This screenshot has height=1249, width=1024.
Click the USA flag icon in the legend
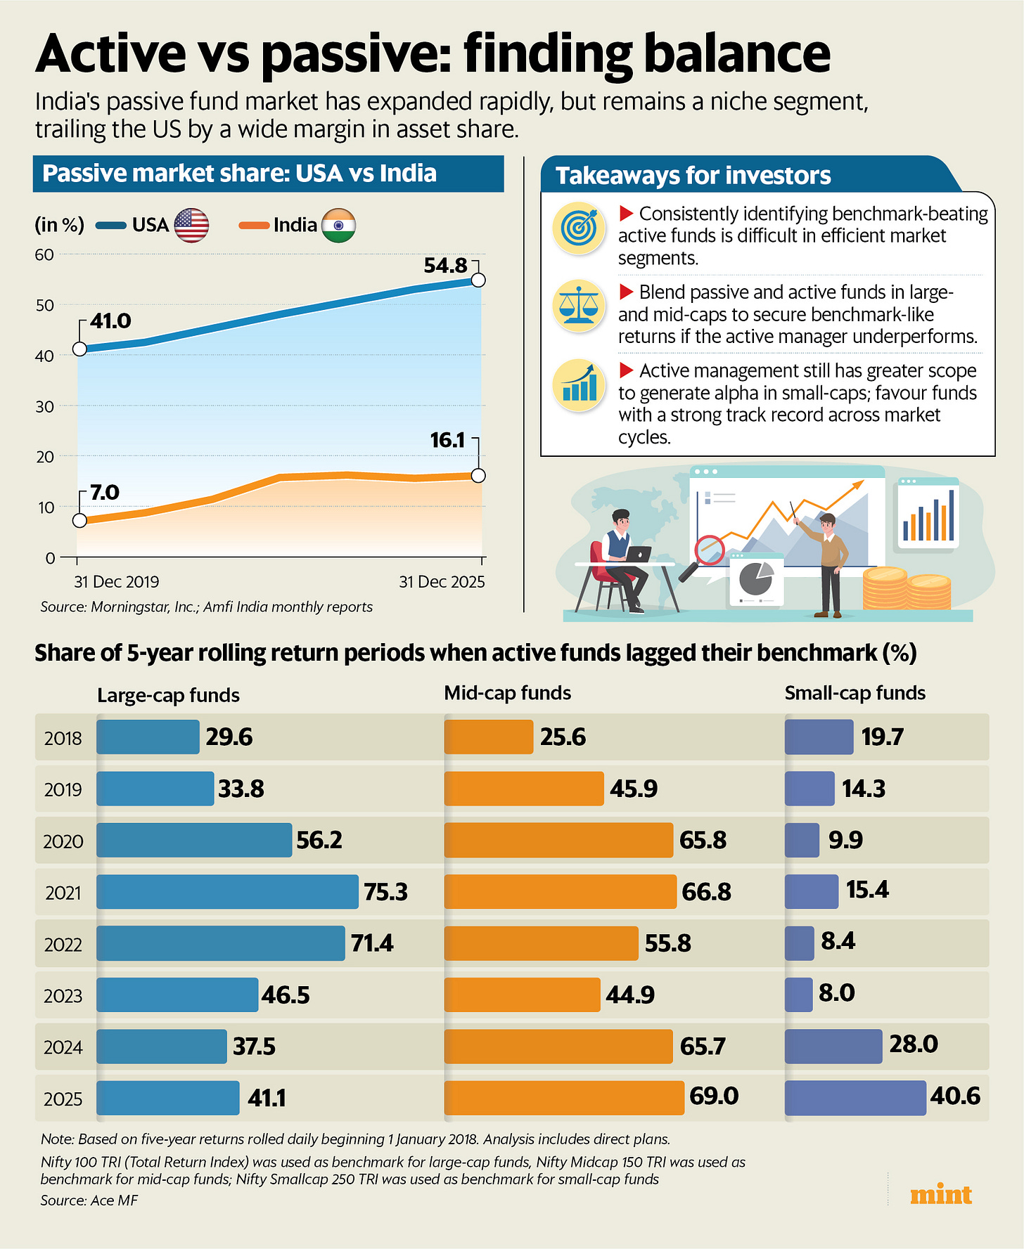(x=191, y=226)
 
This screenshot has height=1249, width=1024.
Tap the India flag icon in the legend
(x=338, y=226)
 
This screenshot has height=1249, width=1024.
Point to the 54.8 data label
(x=446, y=266)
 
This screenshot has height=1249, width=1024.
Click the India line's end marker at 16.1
(x=478, y=476)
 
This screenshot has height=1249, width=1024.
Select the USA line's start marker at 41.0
(x=79, y=349)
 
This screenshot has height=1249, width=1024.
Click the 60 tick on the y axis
(x=44, y=254)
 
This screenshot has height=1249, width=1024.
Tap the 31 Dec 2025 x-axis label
(x=442, y=582)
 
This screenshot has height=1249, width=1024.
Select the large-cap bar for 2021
(x=227, y=892)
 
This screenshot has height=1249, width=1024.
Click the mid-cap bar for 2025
(x=564, y=1098)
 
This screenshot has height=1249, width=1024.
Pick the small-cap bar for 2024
(x=833, y=1047)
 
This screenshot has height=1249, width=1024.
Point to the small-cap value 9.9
(x=845, y=840)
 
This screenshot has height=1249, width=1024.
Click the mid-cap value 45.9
(x=634, y=789)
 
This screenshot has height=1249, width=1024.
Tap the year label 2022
(x=63, y=944)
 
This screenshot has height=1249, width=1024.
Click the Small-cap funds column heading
(x=855, y=693)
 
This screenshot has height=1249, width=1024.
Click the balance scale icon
(x=579, y=305)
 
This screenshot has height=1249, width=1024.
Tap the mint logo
(x=941, y=1195)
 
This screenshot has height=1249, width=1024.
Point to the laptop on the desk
(x=639, y=555)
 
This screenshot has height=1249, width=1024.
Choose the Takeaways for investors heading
(x=693, y=176)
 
